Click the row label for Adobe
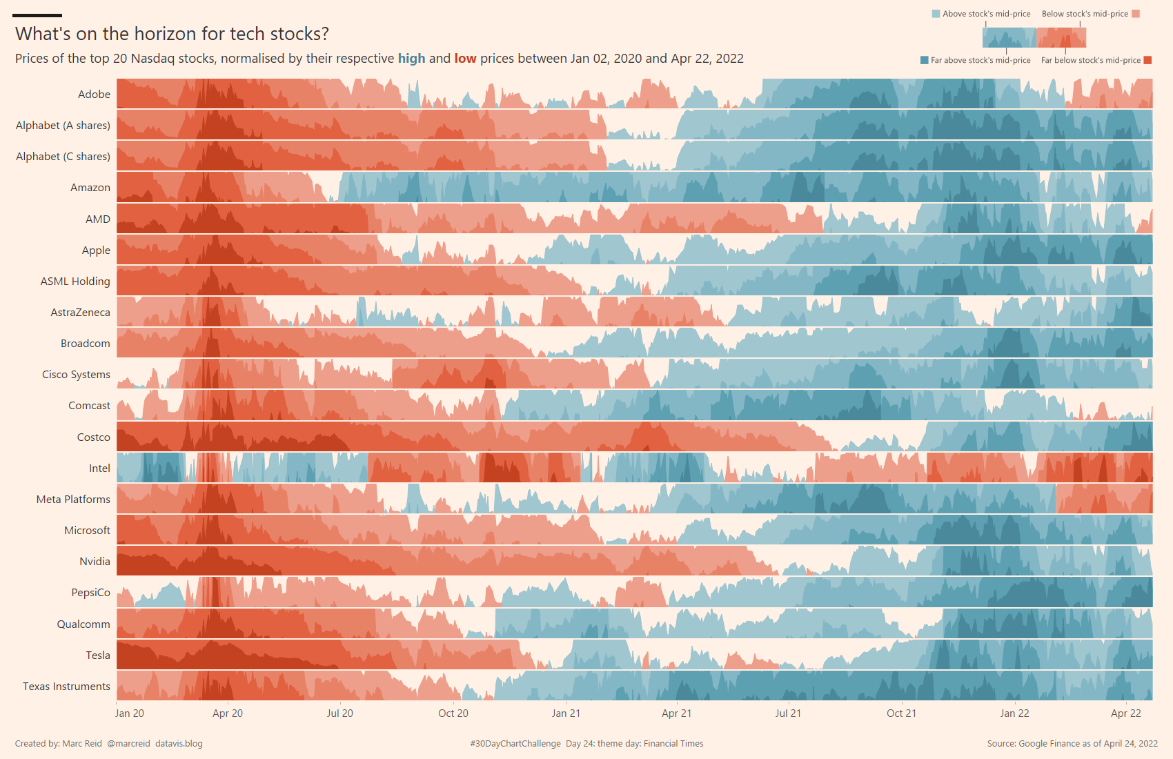[94, 95]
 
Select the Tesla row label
[98, 655]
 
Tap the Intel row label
[99, 469]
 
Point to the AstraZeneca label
[80, 313]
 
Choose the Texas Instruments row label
[66, 687]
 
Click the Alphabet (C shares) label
[63, 157]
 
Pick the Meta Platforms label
[73, 500]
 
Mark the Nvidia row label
[95, 562]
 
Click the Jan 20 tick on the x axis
[130, 713]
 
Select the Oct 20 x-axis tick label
[453, 713]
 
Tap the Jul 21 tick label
[788, 713]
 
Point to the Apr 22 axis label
[1126, 713]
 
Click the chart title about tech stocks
[172, 34]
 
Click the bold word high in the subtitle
[411, 59]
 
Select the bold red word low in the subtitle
[465, 59]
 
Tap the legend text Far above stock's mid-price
[980, 61]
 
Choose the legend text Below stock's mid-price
[1085, 14]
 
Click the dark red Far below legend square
[1148, 60]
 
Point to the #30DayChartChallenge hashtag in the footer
[515, 744]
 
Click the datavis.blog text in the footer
[179, 744]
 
